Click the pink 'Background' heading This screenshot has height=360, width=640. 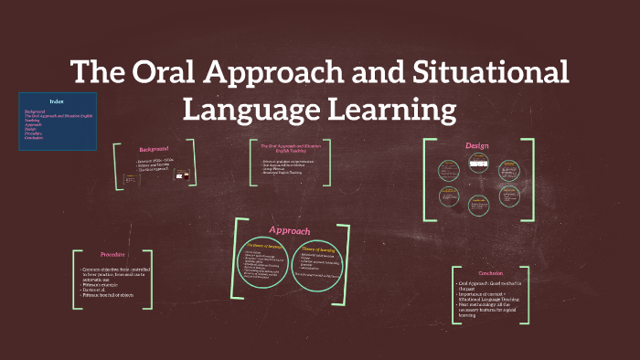coord(154,149)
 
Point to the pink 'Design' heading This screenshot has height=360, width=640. coord(477,146)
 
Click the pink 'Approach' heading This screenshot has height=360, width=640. coord(289,230)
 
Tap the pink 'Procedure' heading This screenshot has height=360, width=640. coord(114,254)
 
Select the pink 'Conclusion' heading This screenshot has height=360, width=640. coord(491,272)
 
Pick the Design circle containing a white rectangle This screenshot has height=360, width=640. coord(476,164)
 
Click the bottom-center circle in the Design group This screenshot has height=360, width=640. coord(476,205)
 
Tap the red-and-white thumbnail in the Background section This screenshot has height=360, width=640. coord(181,175)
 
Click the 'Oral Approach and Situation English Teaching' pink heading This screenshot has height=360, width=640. coord(289,148)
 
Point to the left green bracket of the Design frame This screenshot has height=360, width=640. coord(427,180)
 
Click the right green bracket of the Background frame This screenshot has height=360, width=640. coord(193,163)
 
